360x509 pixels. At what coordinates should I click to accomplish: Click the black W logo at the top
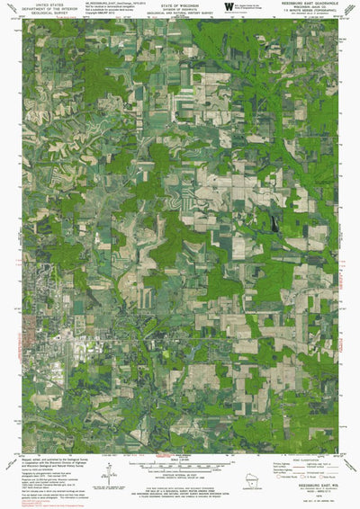coord(216,9)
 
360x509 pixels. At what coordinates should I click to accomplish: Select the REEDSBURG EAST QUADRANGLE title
coord(308,4)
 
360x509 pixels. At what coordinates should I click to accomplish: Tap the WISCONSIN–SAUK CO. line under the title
coord(308,9)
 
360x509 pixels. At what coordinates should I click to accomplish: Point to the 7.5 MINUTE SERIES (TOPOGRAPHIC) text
coord(308,13)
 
